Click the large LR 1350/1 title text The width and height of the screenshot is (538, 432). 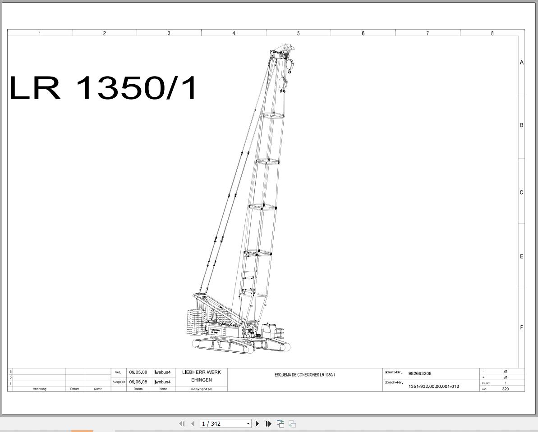tap(103, 88)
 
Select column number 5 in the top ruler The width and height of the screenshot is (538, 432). tap(298, 33)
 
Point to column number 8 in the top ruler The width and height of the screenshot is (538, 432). tap(492, 33)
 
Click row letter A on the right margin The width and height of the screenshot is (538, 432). tap(521, 63)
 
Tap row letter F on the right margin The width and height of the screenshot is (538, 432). tap(521, 327)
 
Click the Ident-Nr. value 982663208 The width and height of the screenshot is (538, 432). tap(420, 373)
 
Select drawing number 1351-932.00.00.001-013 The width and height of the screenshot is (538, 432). tap(433, 387)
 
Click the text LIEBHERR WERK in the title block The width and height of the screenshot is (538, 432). tap(202, 373)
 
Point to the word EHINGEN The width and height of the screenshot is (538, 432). tap(201, 380)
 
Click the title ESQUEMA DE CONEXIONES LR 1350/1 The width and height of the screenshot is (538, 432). tap(305, 375)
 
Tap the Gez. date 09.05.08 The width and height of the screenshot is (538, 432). tap(138, 373)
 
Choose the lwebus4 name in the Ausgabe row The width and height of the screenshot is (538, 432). tap(162, 382)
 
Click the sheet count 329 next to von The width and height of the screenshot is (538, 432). tap(505, 389)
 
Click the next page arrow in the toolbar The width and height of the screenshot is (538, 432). tap(258, 423)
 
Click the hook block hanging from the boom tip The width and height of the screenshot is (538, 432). tap(283, 85)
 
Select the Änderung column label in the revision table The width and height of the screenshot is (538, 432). tap(40, 389)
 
